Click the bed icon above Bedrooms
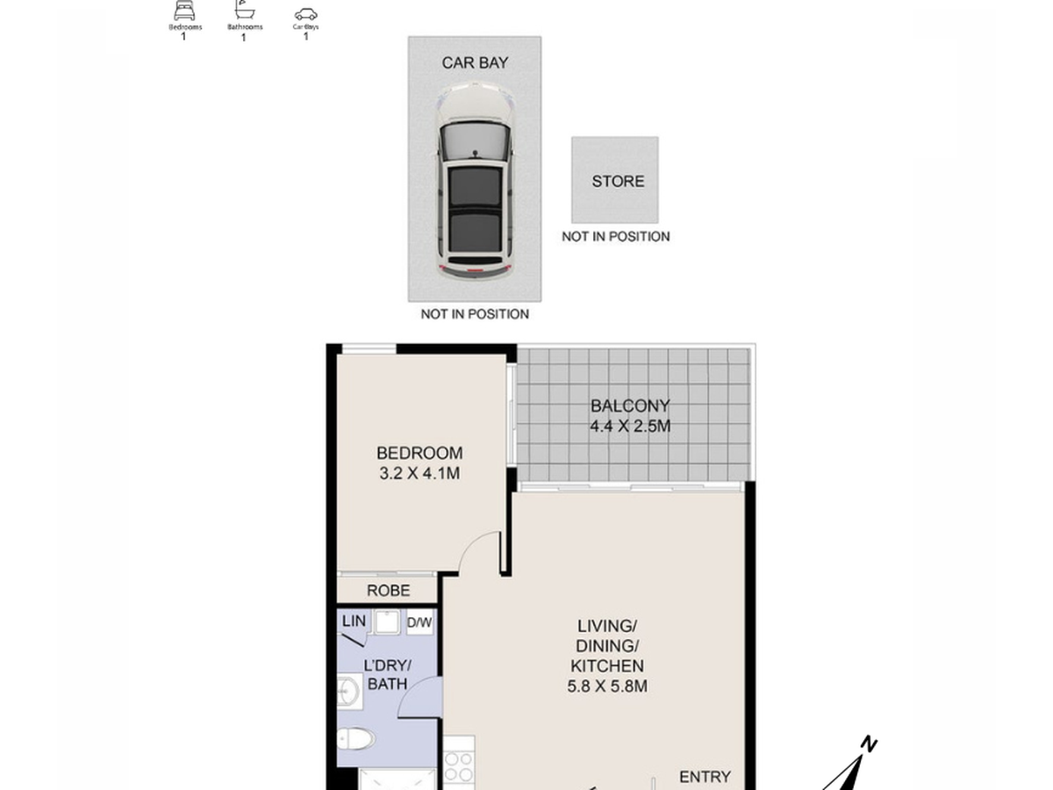click(x=184, y=11)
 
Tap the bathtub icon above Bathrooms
click(x=245, y=10)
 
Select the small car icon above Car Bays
click(x=305, y=14)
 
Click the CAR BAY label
click(x=475, y=63)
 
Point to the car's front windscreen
click(x=475, y=141)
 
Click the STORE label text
click(x=618, y=182)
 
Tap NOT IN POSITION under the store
click(x=615, y=236)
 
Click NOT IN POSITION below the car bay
click(x=475, y=314)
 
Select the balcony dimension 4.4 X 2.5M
click(x=630, y=426)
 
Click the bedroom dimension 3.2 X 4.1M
click(x=419, y=473)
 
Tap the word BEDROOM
click(x=419, y=453)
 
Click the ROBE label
click(x=388, y=591)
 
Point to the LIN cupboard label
click(x=354, y=621)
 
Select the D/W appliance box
click(x=419, y=622)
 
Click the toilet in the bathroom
click(x=355, y=739)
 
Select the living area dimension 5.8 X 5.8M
click(x=607, y=686)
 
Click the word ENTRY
click(x=705, y=777)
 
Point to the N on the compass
click(x=869, y=744)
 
